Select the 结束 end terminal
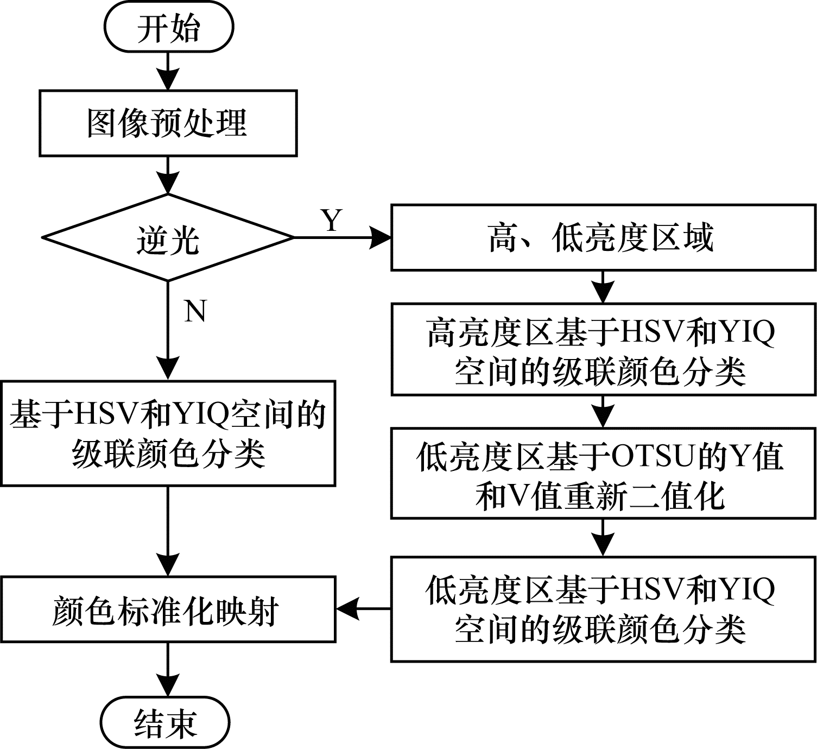coord(166,723)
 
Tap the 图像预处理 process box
coord(168,123)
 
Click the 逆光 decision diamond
coord(168,238)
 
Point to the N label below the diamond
coord(195,311)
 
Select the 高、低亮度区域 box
coord(603,237)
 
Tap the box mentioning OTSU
coord(603,473)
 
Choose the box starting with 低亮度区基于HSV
coord(603,609)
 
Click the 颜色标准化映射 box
coord(168,610)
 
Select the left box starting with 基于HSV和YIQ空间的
coord(168,433)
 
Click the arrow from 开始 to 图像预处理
coord(168,71)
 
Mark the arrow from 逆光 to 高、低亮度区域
coord(342,238)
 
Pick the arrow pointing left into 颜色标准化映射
coord(363,608)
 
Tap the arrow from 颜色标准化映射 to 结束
coord(168,669)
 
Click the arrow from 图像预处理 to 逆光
coord(168,175)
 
